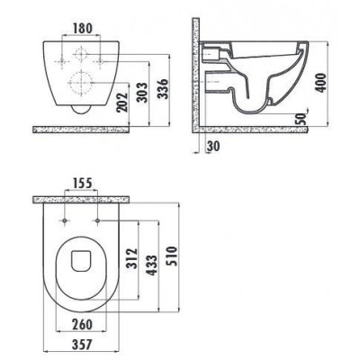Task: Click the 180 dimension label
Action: point(83,29)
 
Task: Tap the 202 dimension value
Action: point(121,103)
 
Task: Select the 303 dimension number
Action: point(142,93)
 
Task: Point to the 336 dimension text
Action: point(164,88)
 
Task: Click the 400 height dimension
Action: point(321,82)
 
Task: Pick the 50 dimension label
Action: point(302,119)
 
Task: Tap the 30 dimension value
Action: point(213,146)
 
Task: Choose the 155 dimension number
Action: point(82,183)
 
